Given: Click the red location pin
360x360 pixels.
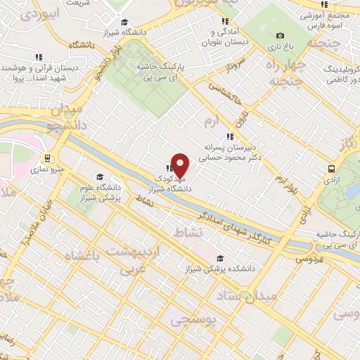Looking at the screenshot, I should click(x=181, y=166).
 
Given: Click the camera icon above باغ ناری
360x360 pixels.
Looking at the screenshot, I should click(x=281, y=36).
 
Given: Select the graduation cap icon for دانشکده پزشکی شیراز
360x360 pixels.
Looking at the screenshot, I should click(x=221, y=258).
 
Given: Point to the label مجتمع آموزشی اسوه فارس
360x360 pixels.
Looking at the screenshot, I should click(x=330, y=19).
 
